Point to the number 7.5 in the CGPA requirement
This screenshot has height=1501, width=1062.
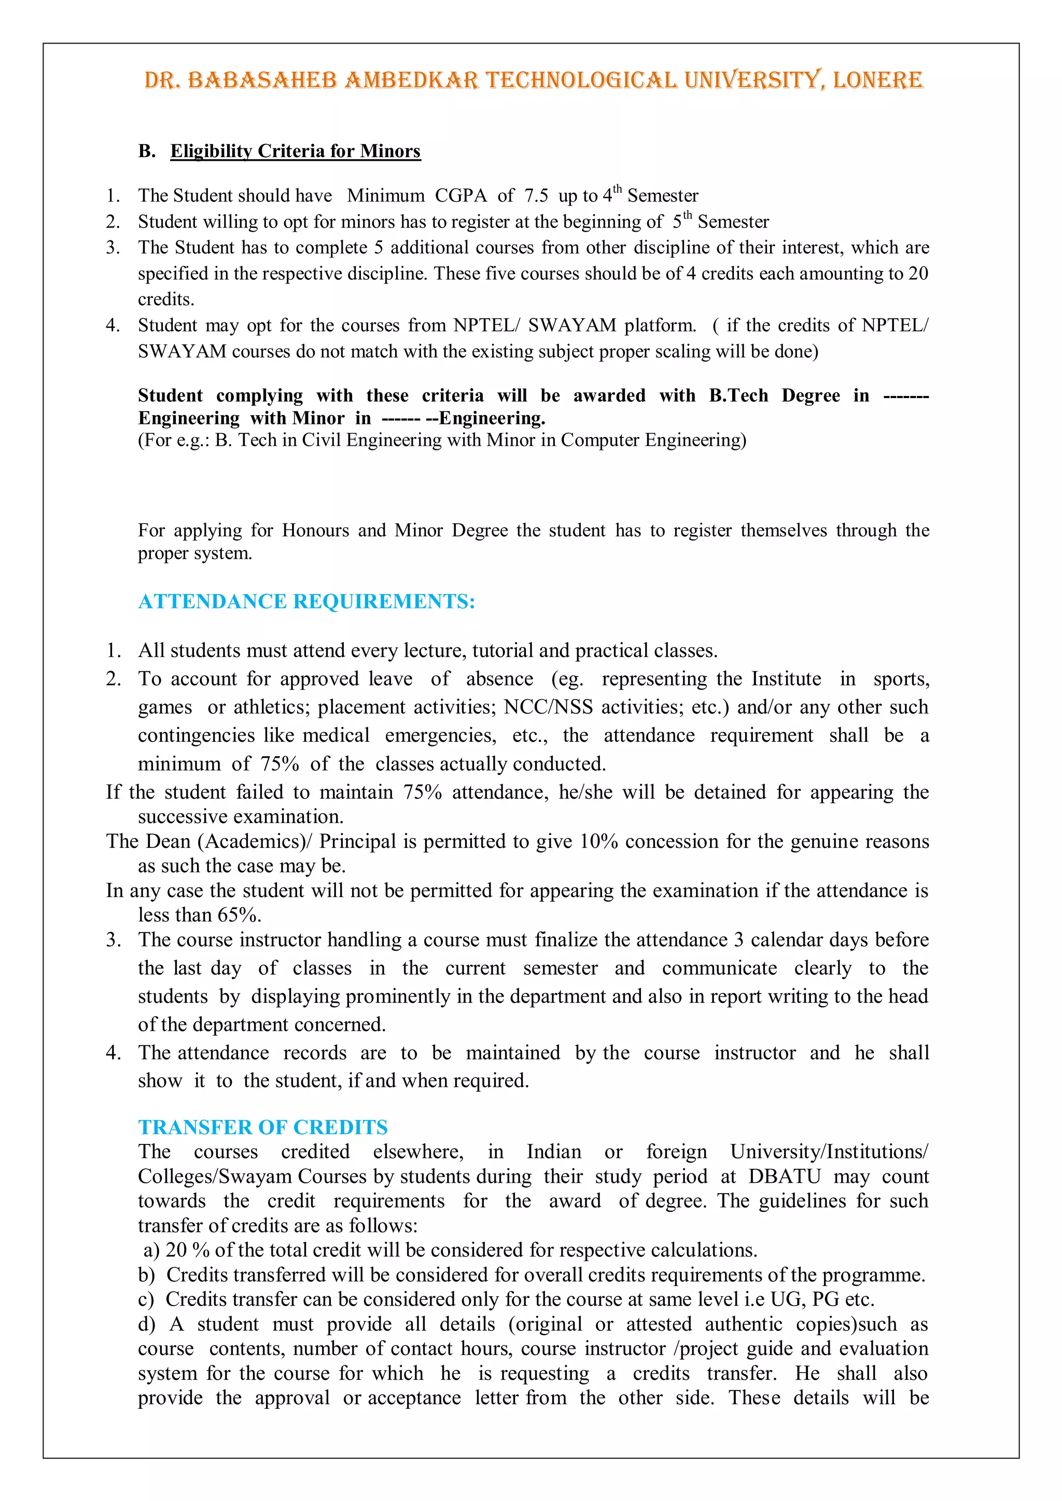click(536, 195)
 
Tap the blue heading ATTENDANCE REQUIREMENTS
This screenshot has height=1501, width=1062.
click(306, 601)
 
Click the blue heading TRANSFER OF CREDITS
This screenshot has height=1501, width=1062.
click(263, 1127)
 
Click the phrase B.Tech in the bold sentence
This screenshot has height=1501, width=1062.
click(738, 395)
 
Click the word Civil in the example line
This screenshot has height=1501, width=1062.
click(321, 440)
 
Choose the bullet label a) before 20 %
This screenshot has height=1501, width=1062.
click(151, 1250)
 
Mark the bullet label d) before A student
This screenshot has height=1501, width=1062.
click(146, 1324)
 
